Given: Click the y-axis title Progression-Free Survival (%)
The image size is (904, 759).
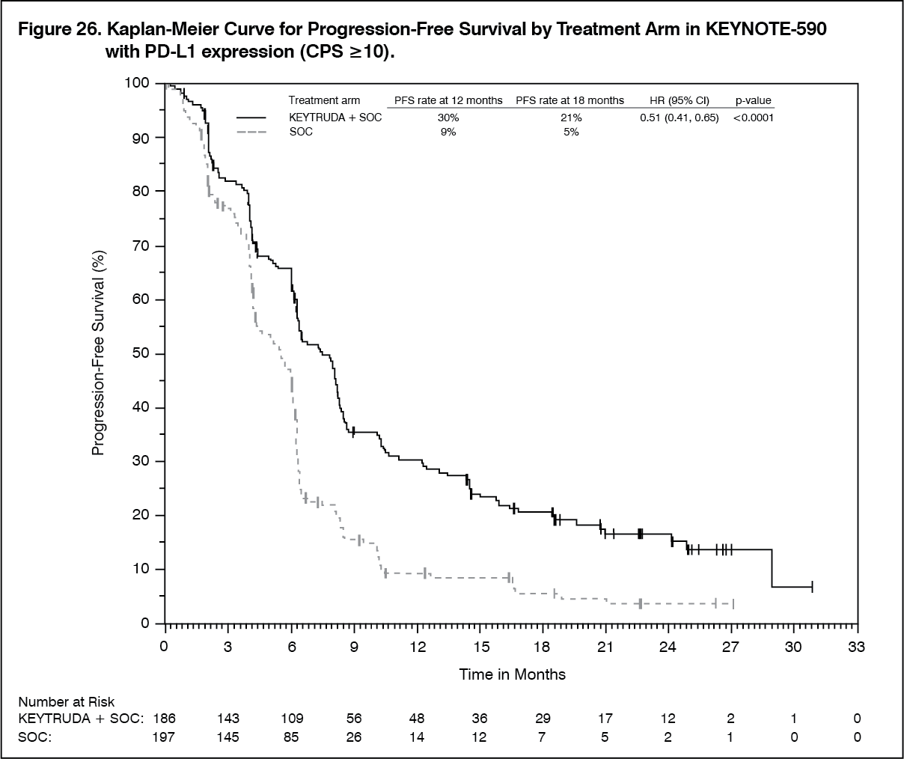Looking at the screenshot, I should pos(98,353).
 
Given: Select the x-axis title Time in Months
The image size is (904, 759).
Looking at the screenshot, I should pos(513,674).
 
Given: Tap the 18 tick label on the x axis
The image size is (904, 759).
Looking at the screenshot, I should pos(542,647).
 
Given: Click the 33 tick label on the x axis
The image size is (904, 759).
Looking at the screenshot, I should pos(856,647).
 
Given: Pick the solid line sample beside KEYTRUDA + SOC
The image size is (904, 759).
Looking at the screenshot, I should pos(251,118).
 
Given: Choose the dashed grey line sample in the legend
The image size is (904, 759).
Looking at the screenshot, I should pos(251,132).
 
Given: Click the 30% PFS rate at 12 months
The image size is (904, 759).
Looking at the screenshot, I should pos(448,118).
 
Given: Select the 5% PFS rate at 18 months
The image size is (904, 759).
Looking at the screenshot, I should pos(570,132).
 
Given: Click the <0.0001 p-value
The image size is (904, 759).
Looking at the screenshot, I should pos(753,118).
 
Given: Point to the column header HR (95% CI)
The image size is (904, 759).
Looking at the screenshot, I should pos(679,100).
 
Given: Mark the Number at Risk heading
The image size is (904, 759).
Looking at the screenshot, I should pos(67,701).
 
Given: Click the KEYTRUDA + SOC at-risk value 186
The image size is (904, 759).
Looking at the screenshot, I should pos(164,719).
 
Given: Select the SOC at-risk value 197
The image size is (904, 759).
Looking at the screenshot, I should pos(164,737).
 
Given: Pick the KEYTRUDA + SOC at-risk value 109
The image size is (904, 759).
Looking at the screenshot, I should pos(290,719).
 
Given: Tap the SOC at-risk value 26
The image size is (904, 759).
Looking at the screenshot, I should pos(353,737).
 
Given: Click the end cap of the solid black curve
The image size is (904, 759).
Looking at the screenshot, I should pos(812,587).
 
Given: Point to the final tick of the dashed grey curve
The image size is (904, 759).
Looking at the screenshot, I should pos(733,603).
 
